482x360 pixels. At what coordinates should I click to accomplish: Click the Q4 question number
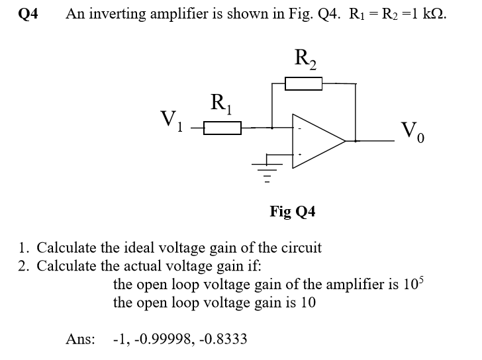click(28, 15)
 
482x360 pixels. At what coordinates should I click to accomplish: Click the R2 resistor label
click(305, 60)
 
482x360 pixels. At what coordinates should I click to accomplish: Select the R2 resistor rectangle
click(303, 83)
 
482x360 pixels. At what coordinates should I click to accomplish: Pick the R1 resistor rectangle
click(222, 126)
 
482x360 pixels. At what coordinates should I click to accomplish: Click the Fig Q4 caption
click(293, 212)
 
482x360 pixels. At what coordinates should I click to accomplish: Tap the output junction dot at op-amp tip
click(356, 140)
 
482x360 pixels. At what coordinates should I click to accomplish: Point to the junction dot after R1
click(271, 126)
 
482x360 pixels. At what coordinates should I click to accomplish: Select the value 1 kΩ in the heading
click(427, 15)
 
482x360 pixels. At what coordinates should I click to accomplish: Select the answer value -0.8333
click(223, 339)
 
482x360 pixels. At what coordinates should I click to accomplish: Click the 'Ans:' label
click(80, 339)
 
